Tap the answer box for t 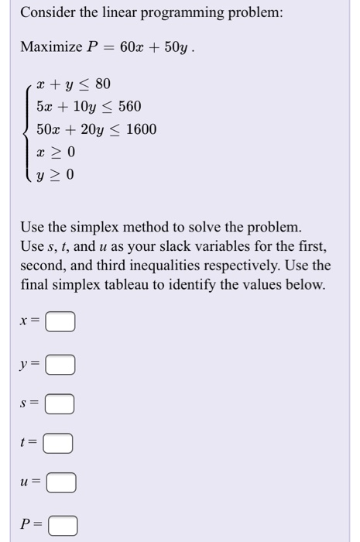click(57, 444)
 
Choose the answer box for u click(60, 484)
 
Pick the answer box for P click(63, 527)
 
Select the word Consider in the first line click(47, 13)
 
